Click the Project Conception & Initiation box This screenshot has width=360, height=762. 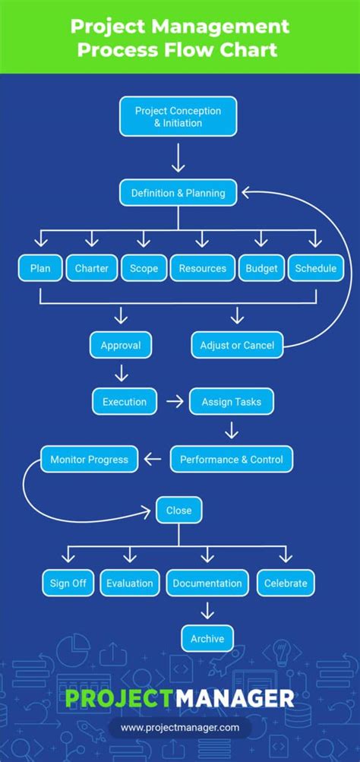point(178,116)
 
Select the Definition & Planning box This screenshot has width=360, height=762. point(178,193)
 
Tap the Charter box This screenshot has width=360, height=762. point(92,268)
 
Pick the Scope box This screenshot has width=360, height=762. point(144,268)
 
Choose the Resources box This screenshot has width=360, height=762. point(202,268)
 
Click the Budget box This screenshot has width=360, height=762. point(261,268)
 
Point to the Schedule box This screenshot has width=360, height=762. point(315,268)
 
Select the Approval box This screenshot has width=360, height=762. point(121,345)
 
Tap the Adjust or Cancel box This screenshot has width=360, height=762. point(237,345)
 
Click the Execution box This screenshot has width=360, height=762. point(125,401)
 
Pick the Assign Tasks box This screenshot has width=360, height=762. point(232,401)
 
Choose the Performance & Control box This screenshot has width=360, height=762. point(231,459)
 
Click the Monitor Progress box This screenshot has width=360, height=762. point(90,459)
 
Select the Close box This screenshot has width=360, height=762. point(179,511)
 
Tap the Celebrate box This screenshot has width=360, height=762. point(286,583)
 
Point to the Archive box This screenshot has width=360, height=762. point(207,639)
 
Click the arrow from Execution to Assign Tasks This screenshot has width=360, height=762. point(175,401)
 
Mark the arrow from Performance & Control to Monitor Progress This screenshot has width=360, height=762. point(153,459)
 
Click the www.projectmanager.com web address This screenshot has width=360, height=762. point(180,728)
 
